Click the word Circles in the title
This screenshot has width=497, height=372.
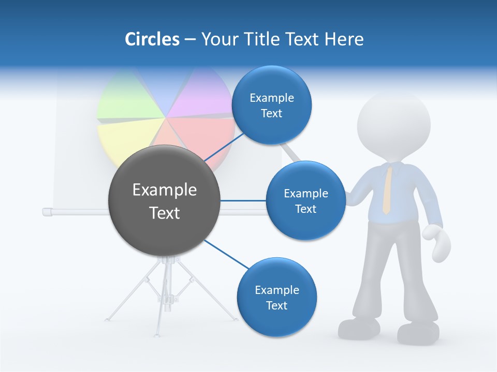[152, 39]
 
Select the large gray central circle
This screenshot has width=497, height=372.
[164, 201]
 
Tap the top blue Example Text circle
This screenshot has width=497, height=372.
[271, 105]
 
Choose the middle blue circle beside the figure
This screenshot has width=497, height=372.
[305, 200]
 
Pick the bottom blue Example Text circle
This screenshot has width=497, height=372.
[276, 297]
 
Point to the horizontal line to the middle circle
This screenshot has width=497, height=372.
[243, 200]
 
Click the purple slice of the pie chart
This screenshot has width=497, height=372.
[197, 96]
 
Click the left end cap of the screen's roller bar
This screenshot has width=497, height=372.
[46, 211]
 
